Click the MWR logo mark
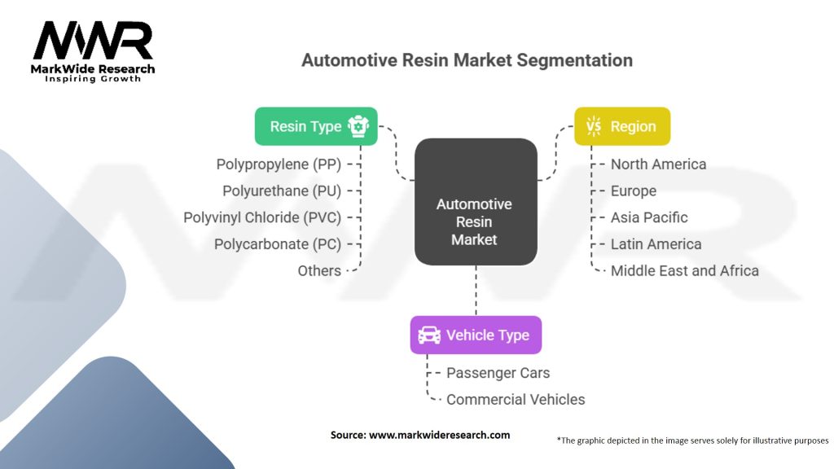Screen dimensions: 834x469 (93, 41)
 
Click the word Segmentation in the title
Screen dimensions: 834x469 (574, 60)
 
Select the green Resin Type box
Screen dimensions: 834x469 (316, 126)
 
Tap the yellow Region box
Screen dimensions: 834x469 (622, 126)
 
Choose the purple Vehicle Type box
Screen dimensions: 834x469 (476, 335)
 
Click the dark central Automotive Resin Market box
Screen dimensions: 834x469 (476, 202)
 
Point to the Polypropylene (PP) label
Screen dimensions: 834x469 (279, 164)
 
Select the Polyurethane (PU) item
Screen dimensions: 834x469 (282, 191)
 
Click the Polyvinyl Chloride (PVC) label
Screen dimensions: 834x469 (262, 217)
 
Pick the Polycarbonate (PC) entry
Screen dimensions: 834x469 (278, 244)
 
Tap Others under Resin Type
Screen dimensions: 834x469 (319, 270)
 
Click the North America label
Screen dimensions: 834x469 (658, 164)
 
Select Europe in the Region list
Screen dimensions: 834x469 (634, 191)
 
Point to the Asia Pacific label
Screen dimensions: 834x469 (649, 217)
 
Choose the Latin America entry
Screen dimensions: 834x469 (656, 244)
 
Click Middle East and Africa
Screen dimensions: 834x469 (684, 270)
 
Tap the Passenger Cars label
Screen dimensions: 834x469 (498, 373)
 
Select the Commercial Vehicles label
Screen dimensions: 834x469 (516, 399)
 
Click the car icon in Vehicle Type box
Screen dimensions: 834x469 (429, 335)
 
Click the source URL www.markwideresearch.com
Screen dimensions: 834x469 (439, 435)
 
